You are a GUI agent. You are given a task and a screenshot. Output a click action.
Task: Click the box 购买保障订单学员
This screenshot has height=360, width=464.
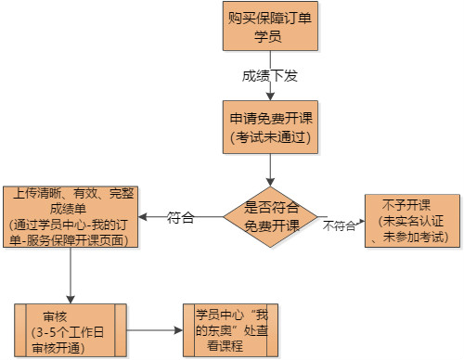pos(269,28)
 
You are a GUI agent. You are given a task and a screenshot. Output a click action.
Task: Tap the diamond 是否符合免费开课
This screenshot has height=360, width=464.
pos(270,217)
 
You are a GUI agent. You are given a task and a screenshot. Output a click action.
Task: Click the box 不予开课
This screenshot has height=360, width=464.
pos(410,221)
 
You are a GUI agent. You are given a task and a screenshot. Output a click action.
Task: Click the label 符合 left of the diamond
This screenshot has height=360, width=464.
pos(181,218)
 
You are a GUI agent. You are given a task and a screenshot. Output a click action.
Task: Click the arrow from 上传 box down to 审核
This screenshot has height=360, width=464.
pos(71,276)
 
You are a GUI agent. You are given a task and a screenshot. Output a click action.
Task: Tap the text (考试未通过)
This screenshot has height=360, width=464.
pos(269,137)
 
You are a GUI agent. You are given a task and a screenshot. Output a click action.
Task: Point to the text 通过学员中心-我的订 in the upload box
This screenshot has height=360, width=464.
pos(71,225)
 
